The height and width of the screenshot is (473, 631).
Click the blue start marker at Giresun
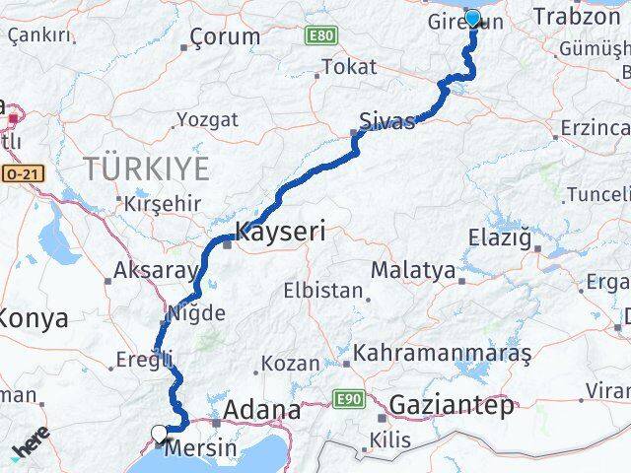point(472,18)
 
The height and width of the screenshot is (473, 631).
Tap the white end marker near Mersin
point(159,432)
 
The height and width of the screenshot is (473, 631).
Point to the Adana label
point(262,409)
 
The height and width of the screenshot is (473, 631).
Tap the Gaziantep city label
point(453,404)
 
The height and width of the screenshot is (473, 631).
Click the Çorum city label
point(225,37)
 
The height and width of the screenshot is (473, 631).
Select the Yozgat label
point(207,119)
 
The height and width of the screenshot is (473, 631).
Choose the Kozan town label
point(291,364)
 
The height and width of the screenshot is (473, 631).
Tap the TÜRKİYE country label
point(146,169)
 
